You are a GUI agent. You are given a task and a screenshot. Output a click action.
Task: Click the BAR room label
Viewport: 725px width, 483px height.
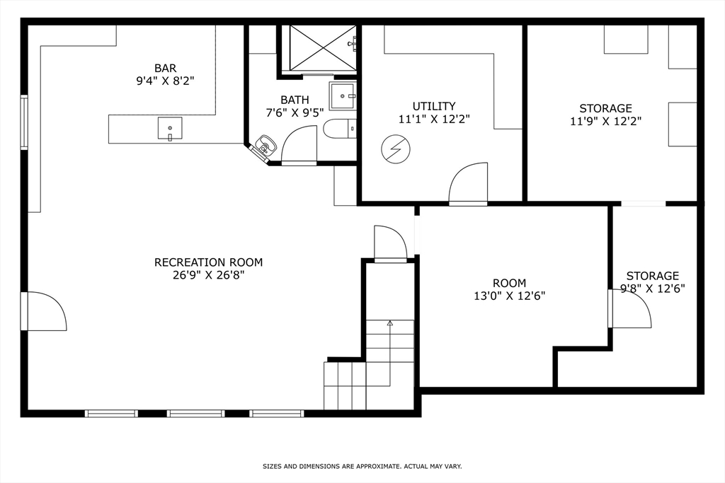click(165, 68)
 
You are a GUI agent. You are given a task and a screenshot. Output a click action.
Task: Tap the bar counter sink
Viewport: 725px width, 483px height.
click(170, 129)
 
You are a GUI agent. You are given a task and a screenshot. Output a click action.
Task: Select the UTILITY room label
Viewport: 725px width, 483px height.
click(434, 106)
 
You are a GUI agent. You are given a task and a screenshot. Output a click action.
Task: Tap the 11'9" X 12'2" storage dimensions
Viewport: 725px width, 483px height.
click(605, 121)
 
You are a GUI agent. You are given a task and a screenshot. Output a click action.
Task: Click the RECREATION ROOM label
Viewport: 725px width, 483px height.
click(208, 262)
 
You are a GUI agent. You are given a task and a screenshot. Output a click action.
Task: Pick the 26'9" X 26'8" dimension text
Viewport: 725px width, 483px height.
click(208, 275)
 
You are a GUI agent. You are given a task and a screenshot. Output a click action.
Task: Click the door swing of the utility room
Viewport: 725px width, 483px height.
click(468, 183)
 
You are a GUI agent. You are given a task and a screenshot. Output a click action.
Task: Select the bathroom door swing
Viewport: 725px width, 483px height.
click(299, 145)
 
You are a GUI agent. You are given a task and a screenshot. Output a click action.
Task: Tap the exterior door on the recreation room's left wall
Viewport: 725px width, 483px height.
click(44, 311)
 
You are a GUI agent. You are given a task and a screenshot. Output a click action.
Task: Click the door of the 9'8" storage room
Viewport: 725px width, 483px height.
click(630, 309)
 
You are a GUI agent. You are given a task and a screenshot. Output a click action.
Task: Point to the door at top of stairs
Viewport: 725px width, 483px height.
click(390, 243)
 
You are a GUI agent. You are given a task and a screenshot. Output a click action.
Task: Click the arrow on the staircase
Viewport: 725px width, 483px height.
click(389, 323)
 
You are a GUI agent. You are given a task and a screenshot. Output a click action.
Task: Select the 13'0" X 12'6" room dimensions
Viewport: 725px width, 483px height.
click(509, 296)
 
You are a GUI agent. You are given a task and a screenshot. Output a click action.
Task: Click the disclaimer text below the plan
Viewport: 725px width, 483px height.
click(362, 466)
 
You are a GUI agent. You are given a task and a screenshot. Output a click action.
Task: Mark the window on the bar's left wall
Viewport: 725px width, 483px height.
click(24, 122)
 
